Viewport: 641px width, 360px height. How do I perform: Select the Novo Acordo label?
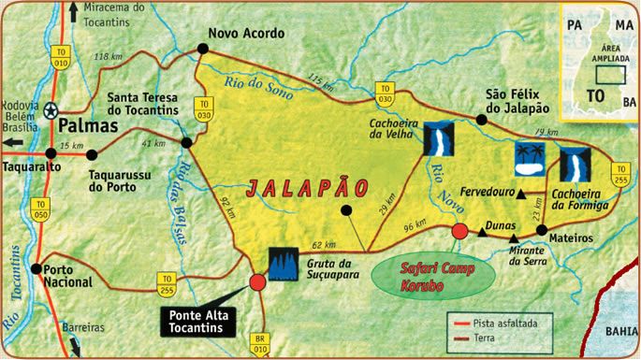(x=245, y=32)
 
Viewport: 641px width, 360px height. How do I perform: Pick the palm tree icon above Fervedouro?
(x=529, y=160)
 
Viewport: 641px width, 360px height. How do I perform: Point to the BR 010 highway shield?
(x=260, y=343)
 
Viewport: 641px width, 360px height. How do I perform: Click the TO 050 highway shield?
(x=40, y=209)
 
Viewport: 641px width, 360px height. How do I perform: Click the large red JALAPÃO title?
(x=305, y=187)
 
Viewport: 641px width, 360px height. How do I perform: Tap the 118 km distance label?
(x=110, y=58)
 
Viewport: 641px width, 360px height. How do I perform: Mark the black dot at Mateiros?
(x=541, y=229)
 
